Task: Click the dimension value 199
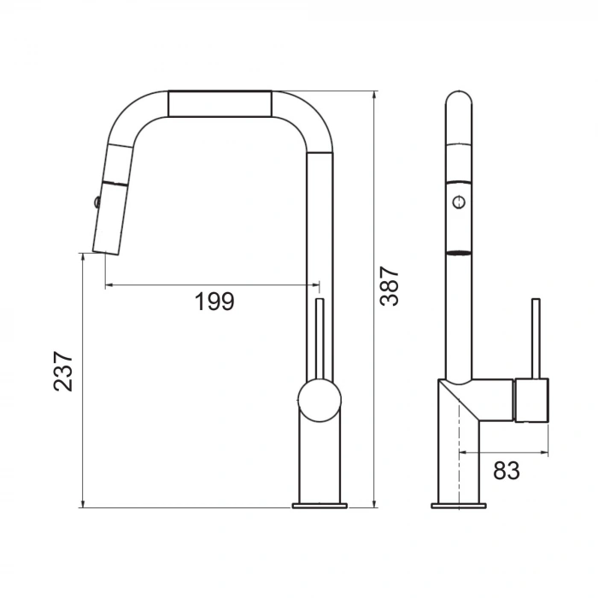214,302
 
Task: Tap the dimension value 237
63,371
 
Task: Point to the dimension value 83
507,470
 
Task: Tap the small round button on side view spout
460,202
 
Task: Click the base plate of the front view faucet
320,506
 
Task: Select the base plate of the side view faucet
458,506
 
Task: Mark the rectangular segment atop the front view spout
220,103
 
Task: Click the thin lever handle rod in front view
320,337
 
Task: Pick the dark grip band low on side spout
459,253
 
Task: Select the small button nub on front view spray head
96,202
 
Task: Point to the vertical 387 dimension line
375,299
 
